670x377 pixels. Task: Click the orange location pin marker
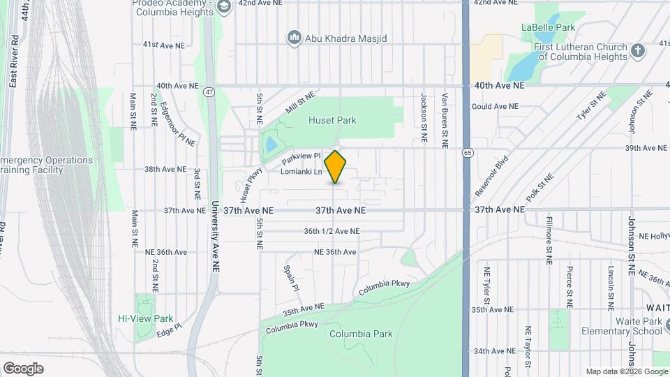click(x=336, y=167)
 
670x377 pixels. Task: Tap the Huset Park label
click(x=332, y=120)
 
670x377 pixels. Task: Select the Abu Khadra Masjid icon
click(x=294, y=37)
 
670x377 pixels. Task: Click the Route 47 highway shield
click(x=209, y=91)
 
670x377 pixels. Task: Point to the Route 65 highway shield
click(x=466, y=151)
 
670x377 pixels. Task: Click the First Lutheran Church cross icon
click(x=636, y=51)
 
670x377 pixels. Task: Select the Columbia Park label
click(x=361, y=334)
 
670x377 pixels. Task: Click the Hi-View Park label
click(x=145, y=318)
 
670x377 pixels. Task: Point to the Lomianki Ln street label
click(x=301, y=172)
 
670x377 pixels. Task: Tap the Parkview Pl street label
click(x=301, y=156)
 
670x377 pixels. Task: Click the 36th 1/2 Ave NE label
click(x=332, y=231)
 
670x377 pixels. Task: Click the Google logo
click(x=23, y=369)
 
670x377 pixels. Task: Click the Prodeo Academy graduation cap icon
click(x=224, y=8)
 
